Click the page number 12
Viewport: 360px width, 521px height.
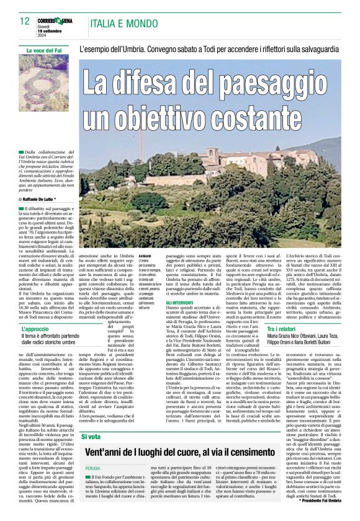[25, 21]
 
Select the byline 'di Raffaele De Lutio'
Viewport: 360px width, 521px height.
[38, 198]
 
